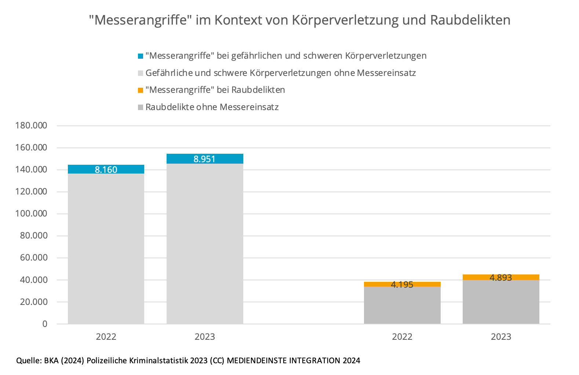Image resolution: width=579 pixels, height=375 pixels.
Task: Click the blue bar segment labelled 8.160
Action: [x=106, y=169]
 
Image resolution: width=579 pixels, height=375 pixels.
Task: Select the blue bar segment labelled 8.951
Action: [x=205, y=159]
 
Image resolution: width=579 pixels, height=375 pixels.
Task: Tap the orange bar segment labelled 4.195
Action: [x=402, y=284]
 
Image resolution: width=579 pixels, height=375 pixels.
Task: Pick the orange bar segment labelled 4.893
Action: [x=501, y=277]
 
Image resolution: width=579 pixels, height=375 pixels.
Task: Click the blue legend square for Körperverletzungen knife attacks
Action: [x=141, y=56]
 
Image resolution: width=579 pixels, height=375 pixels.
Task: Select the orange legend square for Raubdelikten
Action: [x=141, y=90]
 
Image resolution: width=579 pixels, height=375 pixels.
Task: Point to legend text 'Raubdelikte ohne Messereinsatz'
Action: [x=212, y=107]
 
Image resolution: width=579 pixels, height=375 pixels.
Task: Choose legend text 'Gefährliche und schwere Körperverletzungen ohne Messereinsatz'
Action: [x=281, y=73]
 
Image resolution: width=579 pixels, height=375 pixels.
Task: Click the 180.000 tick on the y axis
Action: [x=31, y=125]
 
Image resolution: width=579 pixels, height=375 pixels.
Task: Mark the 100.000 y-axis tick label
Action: [x=31, y=214]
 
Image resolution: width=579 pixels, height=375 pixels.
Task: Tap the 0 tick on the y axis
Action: [x=45, y=324]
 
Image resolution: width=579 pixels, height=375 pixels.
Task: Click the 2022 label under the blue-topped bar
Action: [x=106, y=336]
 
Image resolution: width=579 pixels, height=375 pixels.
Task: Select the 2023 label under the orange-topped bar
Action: [x=501, y=336]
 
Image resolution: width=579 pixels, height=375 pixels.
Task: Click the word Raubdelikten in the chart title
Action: [x=470, y=20]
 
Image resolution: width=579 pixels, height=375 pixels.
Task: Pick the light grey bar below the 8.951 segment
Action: [x=205, y=242]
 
